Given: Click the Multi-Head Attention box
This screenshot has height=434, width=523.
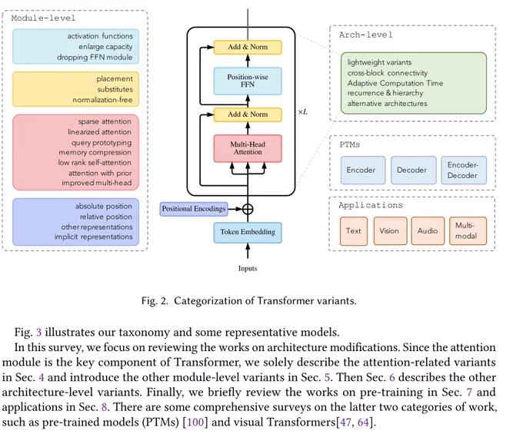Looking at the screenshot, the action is point(248,148).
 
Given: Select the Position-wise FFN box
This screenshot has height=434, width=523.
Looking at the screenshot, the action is point(248,81).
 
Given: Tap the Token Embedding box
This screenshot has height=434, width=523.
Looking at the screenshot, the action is point(248,232).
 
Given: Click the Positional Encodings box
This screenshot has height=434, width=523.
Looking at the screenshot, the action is point(194,209).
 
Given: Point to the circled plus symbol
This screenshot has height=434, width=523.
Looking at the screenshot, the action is point(248,209).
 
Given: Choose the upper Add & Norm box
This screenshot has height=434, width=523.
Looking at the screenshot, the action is point(248,47).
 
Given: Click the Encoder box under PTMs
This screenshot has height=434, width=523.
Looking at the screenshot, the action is point(363,171).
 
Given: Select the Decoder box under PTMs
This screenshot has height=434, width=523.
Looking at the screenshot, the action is point(413,171).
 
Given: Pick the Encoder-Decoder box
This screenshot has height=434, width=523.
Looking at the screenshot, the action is point(464,171).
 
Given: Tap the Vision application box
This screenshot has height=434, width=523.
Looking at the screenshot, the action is point(390,230).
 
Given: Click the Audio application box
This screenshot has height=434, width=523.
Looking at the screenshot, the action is point(428,230).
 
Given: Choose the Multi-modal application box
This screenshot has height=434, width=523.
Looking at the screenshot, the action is point(468,230).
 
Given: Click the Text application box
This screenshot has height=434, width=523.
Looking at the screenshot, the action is point(354,230).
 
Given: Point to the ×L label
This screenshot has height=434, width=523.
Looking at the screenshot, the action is point(302,112).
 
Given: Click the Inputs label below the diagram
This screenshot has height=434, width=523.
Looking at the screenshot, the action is point(248,268).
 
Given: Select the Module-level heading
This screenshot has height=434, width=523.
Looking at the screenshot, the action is point(43,18).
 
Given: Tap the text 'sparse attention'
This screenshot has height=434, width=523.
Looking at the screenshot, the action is point(105,121).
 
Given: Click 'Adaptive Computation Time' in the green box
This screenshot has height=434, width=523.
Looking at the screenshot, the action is point(395,83).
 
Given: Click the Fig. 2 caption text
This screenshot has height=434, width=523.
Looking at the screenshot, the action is point(249,301).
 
